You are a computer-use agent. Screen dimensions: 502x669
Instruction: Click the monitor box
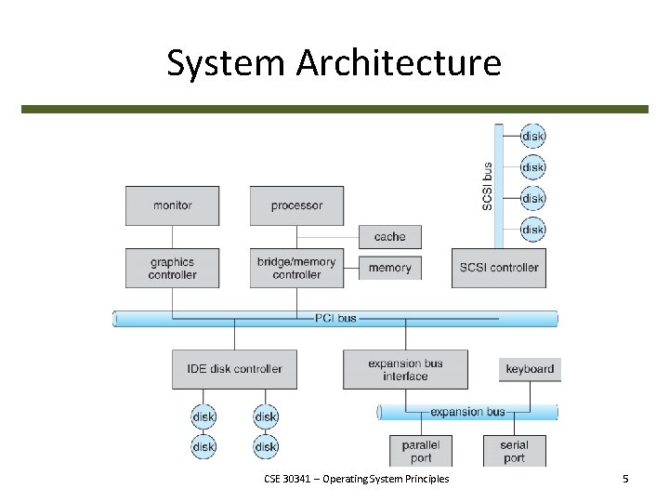coord(172,205)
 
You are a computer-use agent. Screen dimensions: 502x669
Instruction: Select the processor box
coord(296,205)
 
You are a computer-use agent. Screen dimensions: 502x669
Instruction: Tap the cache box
coord(389,237)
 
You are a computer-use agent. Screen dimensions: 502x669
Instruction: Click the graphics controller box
coord(172,268)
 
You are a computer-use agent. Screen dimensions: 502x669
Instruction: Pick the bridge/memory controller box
coord(296,268)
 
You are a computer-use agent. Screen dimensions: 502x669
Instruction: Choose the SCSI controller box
coord(499,268)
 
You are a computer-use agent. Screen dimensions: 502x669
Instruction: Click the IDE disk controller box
coord(234,369)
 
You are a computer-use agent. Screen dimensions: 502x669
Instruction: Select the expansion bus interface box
coord(405,369)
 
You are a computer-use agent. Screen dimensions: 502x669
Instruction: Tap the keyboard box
coord(530,369)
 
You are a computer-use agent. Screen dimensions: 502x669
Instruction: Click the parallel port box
coord(421,451)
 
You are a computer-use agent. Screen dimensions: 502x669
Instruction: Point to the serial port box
coord(514,451)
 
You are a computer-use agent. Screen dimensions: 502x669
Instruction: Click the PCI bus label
coord(334,318)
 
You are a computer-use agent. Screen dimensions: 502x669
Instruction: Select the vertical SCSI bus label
coord(488,186)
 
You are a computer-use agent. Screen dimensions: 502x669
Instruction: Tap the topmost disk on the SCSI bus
coord(532,136)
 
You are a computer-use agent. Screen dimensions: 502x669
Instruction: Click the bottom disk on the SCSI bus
coord(532,229)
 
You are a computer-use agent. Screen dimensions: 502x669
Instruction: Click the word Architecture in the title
coord(400,62)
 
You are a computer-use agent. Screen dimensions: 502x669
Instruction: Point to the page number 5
coord(625,479)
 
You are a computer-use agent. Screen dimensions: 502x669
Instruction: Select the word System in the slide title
coord(226,62)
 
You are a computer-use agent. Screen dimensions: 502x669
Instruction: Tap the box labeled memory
coord(389,268)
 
